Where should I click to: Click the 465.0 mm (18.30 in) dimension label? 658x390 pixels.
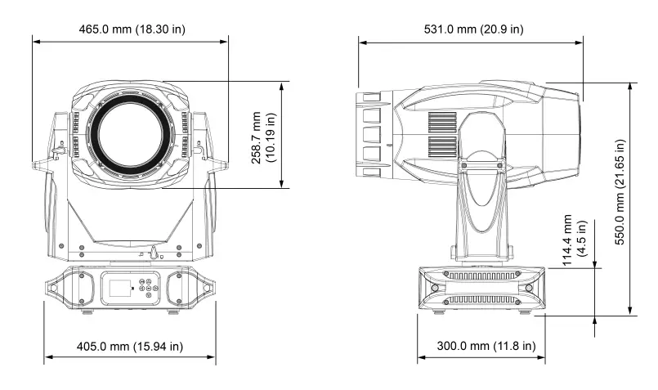point(132,29)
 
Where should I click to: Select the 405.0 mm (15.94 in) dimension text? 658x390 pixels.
point(130,346)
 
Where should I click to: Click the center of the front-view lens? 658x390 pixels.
point(131,134)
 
